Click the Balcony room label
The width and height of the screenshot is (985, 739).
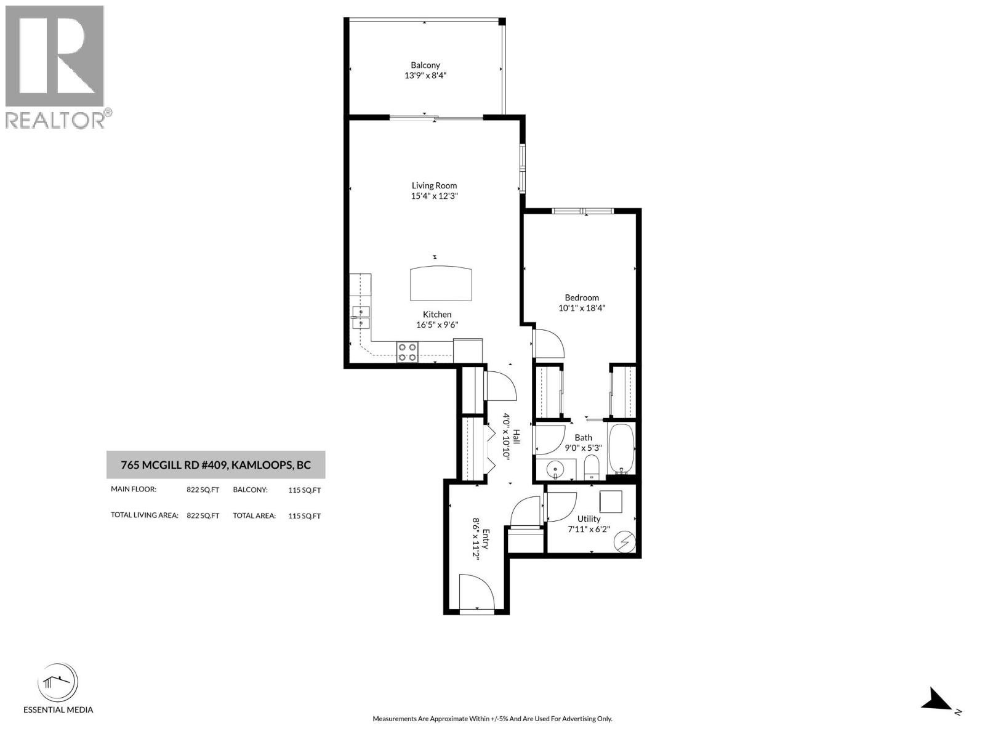[425, 65]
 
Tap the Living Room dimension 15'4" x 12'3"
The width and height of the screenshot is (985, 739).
[435, 196]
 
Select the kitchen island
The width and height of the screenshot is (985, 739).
[442, 283]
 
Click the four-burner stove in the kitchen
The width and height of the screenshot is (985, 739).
[407, 352]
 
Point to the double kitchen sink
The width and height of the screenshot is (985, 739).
[361, 317]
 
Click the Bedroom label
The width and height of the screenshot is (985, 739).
[582, 297]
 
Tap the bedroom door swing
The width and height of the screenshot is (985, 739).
[547, 344]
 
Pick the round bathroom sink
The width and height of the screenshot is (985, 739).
[555, 469]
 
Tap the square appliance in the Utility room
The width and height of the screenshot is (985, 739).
[611, 502]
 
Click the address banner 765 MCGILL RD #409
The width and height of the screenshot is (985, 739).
[215, 465]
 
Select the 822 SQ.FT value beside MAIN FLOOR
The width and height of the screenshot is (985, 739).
[203, 490]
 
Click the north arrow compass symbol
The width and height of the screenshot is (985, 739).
[936, 700]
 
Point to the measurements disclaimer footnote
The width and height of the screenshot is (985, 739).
[492, 719]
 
